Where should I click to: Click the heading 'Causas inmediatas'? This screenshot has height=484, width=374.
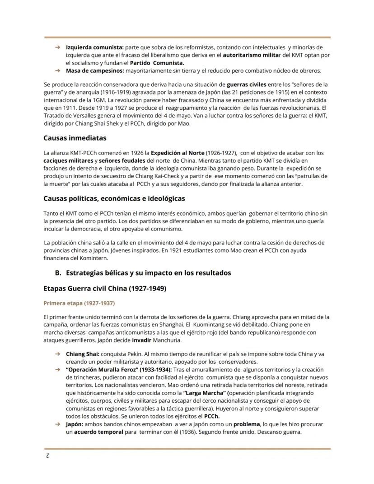pyautogui.click(x=75, y=138)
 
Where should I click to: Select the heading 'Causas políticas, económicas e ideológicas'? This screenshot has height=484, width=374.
pyautogui.click(x=114, y=198)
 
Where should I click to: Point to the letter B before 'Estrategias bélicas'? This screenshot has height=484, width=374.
pyautogui.click(x=57, y=273)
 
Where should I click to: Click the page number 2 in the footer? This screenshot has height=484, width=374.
pyautogui.click(x=47, y=456)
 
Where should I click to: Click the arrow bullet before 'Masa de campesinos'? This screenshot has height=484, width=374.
pyautogui.click(x=58, y=71)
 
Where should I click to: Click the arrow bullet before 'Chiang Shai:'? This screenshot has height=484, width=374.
pyautogui.click(x=58, y=354)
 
